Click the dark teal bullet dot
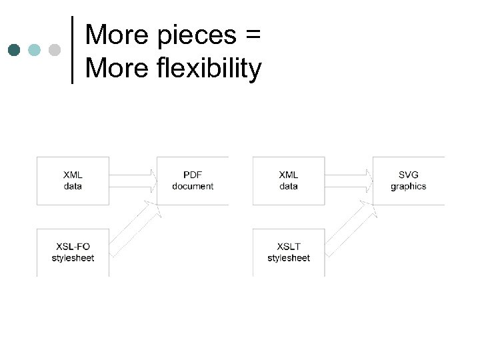click(x=15, y=50)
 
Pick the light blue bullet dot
click(x=35, y=50)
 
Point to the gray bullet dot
click(x=55, y=50)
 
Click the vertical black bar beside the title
click(x=72, y=50)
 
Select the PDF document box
click(x=193, y=181)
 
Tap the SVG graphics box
click(x=408, y=181)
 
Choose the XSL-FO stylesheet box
click(x=73, y=252)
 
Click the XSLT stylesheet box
click(x=289, y=252)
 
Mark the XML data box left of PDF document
click(x=73, y=181)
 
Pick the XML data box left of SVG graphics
click(x=289, y=181)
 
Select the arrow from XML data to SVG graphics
click(x=349, y=181)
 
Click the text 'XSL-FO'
click(x=73, y=247)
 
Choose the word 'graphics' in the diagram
click(x=408, y=187)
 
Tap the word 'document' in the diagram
click(x=193, y=187)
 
